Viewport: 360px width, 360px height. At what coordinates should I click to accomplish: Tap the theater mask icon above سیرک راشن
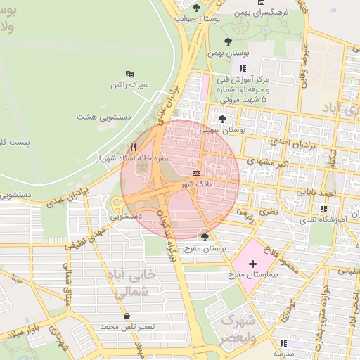tap(129, 73)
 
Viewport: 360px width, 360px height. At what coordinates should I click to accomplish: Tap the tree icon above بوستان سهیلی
tap(223, 119)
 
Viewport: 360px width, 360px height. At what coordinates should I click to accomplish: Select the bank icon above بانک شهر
tap(195, 172)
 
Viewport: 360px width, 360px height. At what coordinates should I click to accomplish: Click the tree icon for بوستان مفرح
tap(204, 237)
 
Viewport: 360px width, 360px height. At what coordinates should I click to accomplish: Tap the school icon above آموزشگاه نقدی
tap(323, 209)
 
